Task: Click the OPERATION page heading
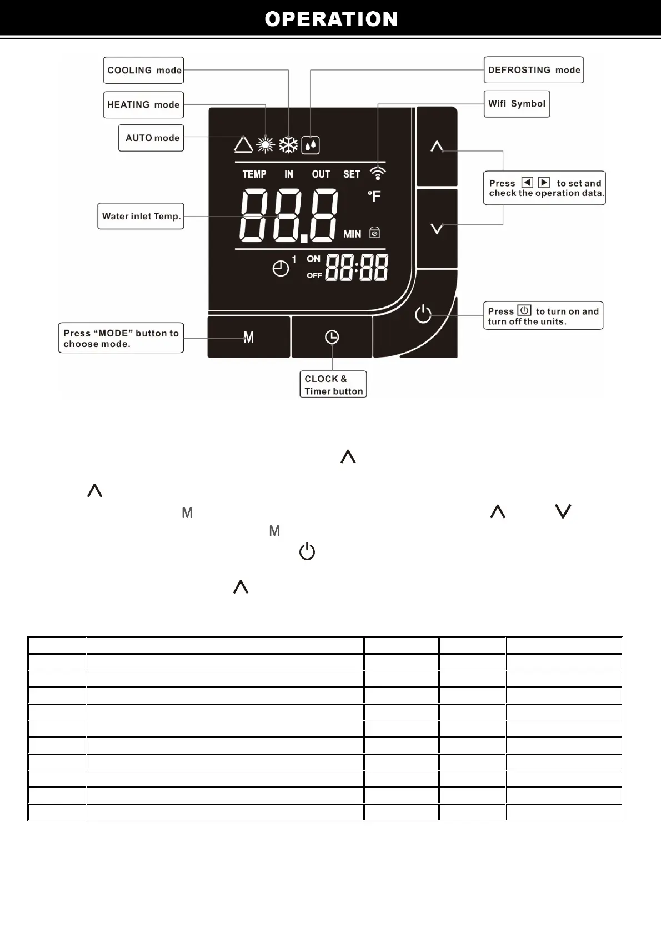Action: click(x=331, y=19)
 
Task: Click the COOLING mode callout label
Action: click(x=144, y=71)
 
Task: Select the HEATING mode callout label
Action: click(x=143, y=105)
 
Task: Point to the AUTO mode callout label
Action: click(x=152, y=138)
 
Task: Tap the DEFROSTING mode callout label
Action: click(x=533, y=70)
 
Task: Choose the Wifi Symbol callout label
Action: click(x=517, y=104)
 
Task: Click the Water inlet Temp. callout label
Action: click(x=141, y=217)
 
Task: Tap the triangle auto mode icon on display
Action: click(x=243, y=145)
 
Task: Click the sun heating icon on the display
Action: click(x=266, y=145)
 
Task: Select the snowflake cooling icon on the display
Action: click(x=288, y=145)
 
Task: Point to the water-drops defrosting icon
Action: click(x=311, y=145)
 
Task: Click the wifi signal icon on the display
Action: click(x=378, y=173)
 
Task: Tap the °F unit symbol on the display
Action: click(x=374, y=196)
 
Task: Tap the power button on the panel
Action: click(x=423, y=314)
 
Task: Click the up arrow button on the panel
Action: click(x=437, y=147)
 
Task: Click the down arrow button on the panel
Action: click(x=437, y=228)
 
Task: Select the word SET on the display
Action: click(x=352, y=174)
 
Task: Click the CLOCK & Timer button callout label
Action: click(x=333, y=384)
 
